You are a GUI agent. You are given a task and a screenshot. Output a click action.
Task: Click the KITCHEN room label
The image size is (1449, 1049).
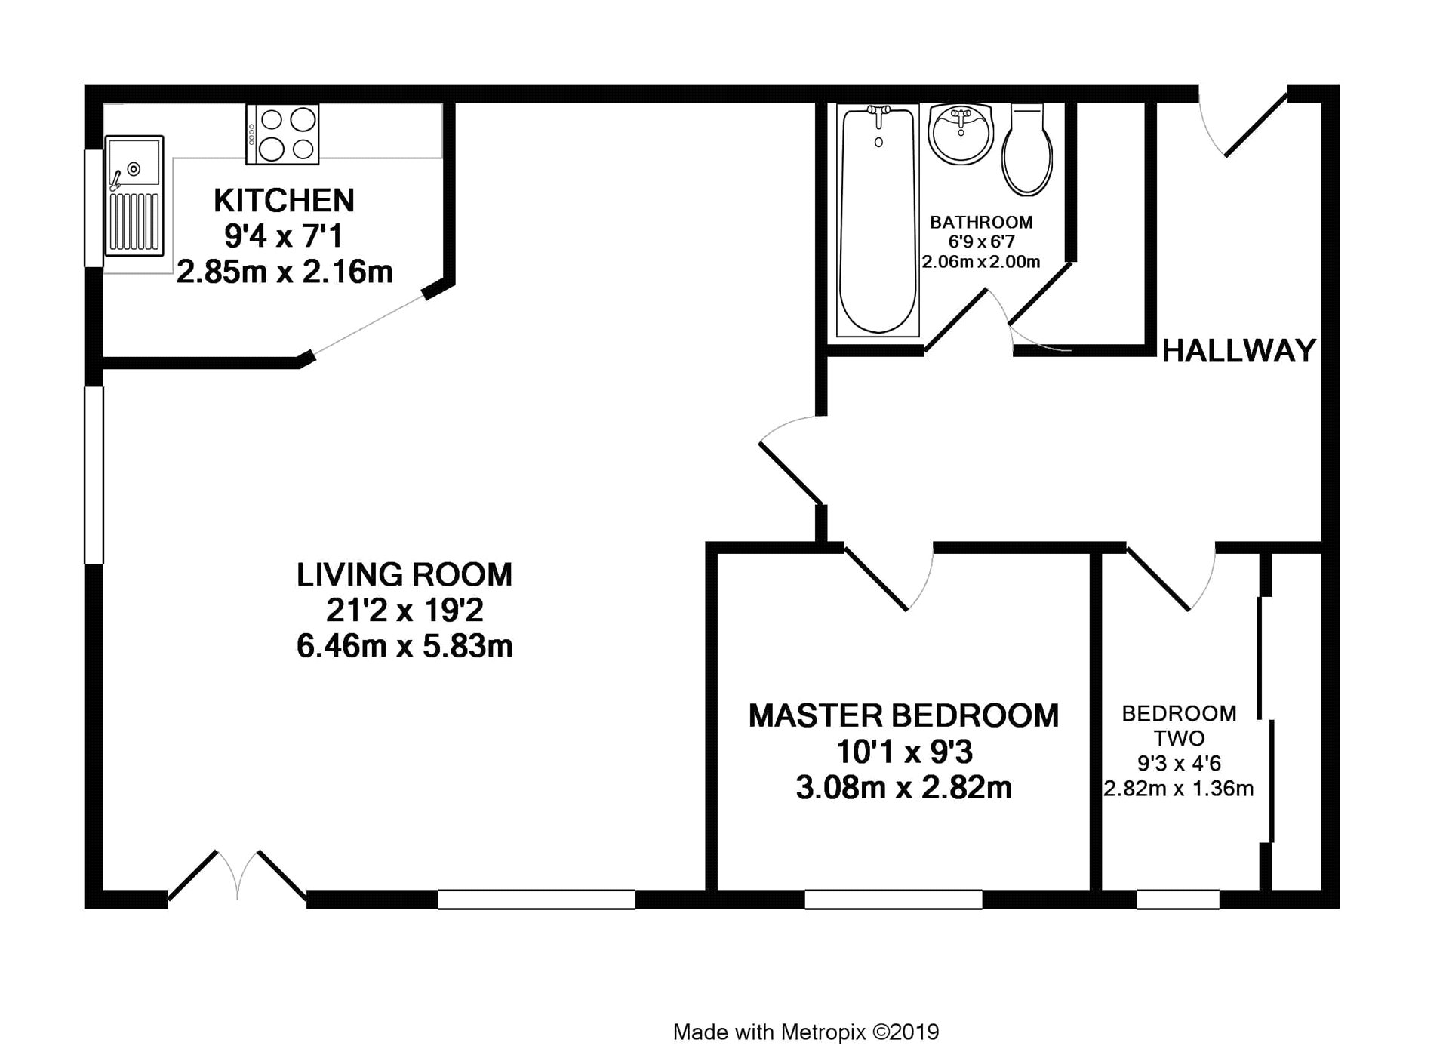(x=284, y=201)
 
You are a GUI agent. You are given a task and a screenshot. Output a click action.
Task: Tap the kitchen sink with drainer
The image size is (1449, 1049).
(x=134, y=195)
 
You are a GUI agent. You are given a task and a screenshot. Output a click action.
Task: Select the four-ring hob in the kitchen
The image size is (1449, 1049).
(x=282, y=134)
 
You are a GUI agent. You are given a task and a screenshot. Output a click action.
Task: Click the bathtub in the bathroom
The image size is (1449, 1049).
(x=878, y=220)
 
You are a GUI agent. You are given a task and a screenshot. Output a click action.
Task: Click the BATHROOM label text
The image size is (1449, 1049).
(x=981, y=223)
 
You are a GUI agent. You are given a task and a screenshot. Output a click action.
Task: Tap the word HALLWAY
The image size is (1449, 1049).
(x=1239, y=351)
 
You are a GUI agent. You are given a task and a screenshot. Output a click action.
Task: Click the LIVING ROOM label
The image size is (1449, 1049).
(x=405, y=575)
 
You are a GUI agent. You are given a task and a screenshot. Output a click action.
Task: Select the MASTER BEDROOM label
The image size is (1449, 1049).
(x=903, y=715)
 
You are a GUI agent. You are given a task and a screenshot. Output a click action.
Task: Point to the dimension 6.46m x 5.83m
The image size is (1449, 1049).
(x=405, y=647)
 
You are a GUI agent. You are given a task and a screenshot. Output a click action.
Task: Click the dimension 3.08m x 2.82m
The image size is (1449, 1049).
(x=903, y=788)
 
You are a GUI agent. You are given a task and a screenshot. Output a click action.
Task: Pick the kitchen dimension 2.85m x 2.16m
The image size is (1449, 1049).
(x=285, y=272)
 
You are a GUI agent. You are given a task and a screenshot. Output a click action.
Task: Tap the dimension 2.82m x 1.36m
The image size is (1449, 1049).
(x=1179, y=789)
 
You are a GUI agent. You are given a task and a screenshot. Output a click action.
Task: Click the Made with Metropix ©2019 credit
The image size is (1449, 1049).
(x=806, y=1032)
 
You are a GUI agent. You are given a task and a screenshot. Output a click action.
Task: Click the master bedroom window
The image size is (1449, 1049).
(x=894, y=900)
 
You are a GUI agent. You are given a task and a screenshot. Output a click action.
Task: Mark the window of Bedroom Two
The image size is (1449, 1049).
(x=1178, y=900)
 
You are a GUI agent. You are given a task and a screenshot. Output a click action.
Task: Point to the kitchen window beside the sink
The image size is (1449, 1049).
(x=94, y=208)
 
